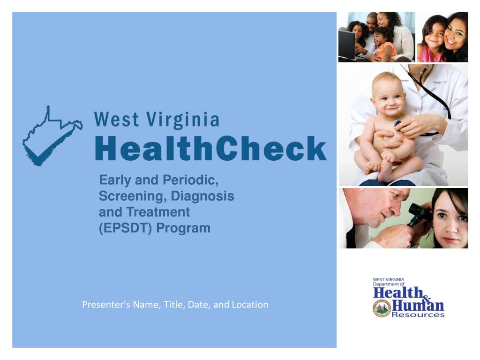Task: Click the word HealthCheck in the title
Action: coord(210,149)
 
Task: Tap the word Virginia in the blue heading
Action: coord(183,120)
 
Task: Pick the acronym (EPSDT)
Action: coord(125,228)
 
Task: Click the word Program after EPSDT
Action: coord(183,228)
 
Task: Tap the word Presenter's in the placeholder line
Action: coord(106,305)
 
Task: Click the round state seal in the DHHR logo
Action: coord(382,308)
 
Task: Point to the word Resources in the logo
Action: coord(418,315)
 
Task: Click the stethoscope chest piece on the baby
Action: coord(397,124)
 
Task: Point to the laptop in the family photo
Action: coord(347,45)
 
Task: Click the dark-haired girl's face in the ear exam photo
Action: coord(450,220)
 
